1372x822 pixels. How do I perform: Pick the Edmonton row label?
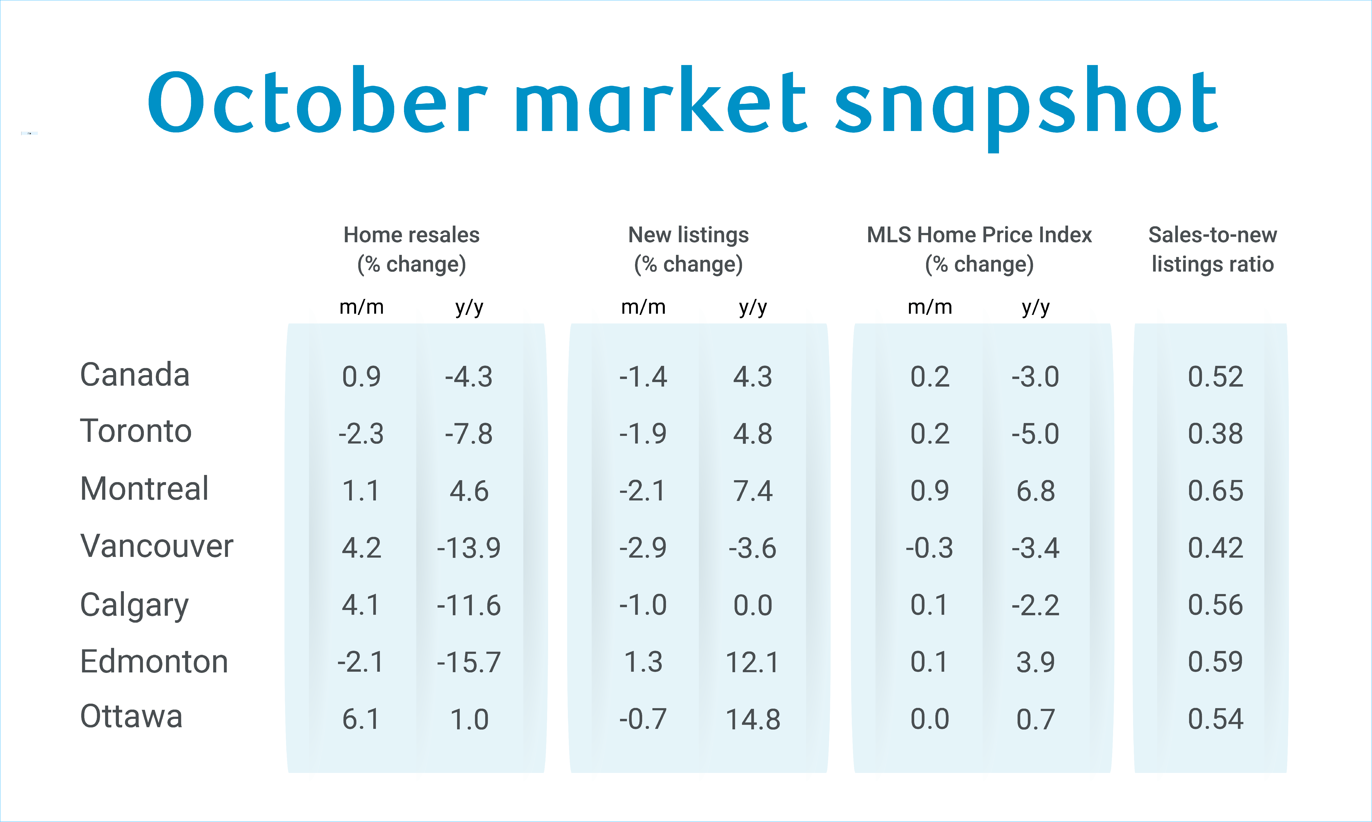click(154, 661)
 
